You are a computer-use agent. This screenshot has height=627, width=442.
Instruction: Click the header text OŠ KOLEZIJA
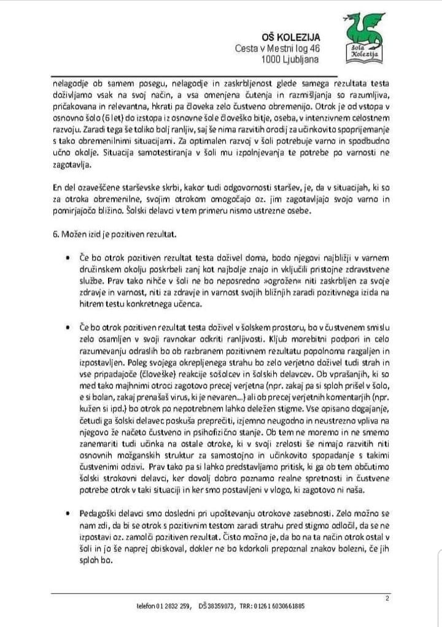(x=288, y=37)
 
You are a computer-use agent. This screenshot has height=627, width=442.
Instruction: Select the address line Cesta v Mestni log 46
(x=277, y=48)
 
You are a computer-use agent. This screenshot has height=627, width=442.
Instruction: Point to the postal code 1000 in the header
(x=271, y=59)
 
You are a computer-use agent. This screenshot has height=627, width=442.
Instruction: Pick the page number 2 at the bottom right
(x=387, y=598)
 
